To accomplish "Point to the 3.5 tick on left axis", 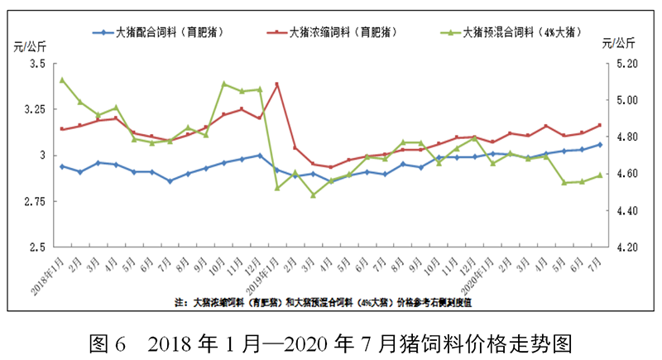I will (x=38, y=63).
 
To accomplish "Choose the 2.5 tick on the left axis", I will (x=38, y=247).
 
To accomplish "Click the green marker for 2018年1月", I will (x=62, y=79).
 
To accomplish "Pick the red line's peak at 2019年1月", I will (x=276, y=84).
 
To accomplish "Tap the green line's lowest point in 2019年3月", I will (x=313, y=194).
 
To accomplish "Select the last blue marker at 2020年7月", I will (x=600, y=144).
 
